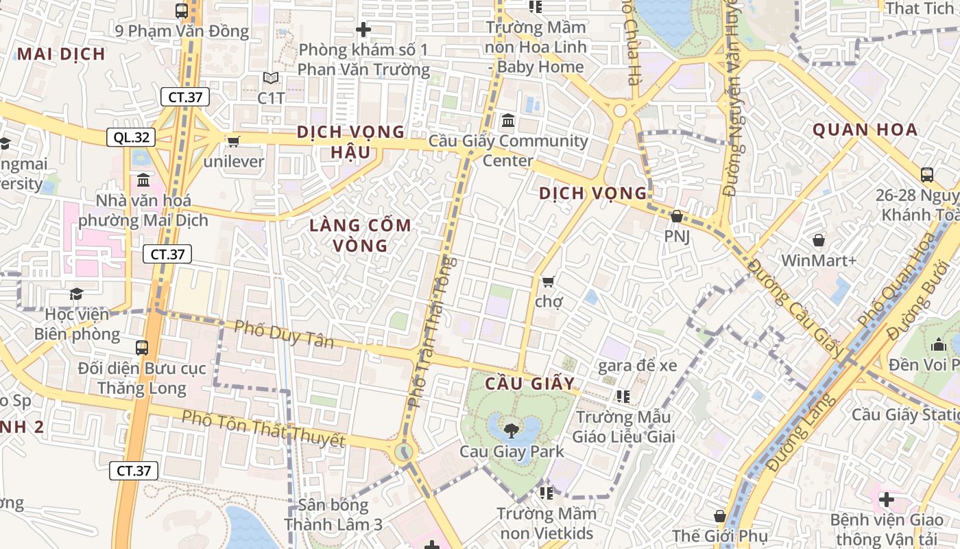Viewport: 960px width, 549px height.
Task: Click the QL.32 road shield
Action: [131, 137]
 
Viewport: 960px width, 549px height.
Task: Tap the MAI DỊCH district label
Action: [61, 54]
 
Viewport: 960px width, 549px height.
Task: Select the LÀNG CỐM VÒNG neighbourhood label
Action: [360, 235]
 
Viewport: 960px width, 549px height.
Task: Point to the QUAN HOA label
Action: [865, 129]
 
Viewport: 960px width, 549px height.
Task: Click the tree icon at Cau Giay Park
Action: [511, 431]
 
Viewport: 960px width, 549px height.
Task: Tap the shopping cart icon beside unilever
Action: [233, 141]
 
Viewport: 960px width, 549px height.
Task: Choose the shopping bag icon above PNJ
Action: [677, 216]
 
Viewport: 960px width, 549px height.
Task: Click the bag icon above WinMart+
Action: [818, 240]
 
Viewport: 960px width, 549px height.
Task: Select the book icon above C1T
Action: [271, 78]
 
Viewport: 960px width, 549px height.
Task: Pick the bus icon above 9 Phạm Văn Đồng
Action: [182, 11]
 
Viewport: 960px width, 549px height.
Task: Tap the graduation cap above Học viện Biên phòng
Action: [76, 294]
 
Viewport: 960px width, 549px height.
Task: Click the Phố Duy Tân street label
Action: [283, 333]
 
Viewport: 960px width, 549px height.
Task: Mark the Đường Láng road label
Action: [801, 432]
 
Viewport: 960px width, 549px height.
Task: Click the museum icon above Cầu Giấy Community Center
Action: [508, 121]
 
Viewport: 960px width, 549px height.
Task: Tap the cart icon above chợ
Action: [548, 281]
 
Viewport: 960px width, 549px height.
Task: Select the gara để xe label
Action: [637, 365]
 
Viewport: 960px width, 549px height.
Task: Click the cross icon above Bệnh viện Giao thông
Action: [886, 499]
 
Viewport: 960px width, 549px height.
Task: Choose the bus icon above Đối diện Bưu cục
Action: [142, 348]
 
